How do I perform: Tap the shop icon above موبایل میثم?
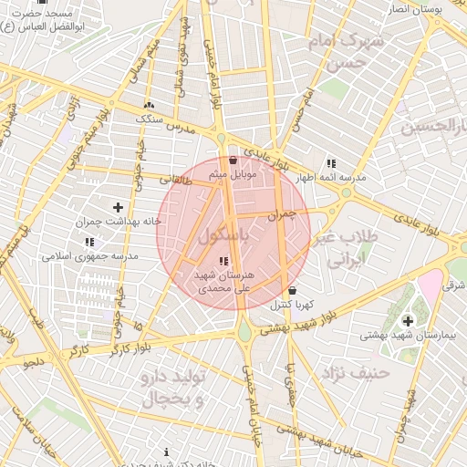click(233, 161)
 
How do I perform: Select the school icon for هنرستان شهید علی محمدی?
click(225, 263)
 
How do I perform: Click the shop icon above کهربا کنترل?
click(291, 292)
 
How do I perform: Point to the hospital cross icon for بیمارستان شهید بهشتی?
click(407, 320)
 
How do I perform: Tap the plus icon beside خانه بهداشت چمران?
click(117, 208)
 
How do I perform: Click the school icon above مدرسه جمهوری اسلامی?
click(89, 242)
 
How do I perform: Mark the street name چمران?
click(285, 214)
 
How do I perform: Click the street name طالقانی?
click(200, 182)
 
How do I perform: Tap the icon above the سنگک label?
click(148, 105)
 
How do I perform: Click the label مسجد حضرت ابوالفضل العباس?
click(44, 21)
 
